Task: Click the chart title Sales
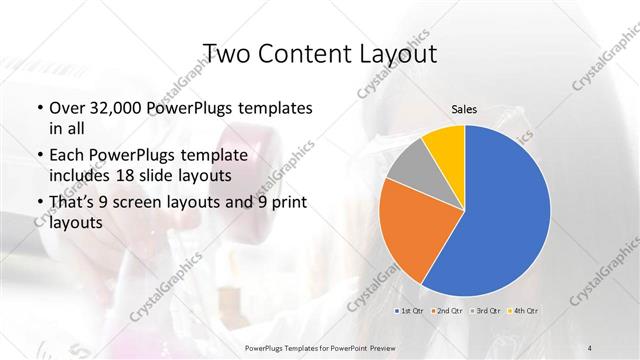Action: click(463, 109)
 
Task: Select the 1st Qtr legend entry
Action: click(413, 312)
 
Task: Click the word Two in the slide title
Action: click(223, 53)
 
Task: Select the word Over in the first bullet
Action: click(67, 108)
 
